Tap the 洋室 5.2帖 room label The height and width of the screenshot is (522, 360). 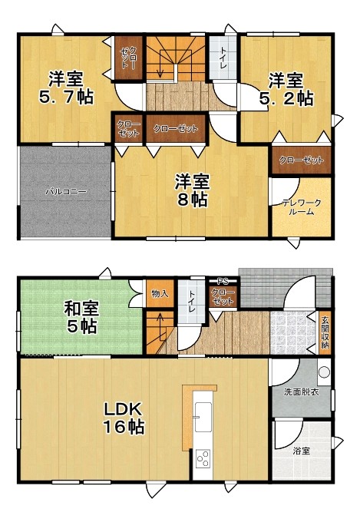[289, 89]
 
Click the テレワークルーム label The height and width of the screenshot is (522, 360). [301, 206]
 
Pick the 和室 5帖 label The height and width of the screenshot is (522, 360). [80, 317]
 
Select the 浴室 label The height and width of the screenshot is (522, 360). [301, 451]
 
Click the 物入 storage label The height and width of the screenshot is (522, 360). [160, 292]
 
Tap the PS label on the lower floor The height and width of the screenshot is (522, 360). [223, 280]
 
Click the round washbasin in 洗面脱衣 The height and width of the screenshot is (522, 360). [323, 374]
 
